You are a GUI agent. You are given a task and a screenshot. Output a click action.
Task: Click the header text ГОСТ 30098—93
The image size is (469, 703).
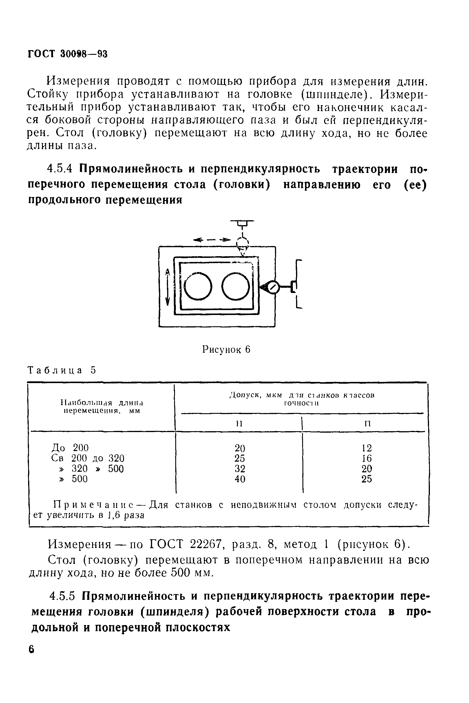[67, 54]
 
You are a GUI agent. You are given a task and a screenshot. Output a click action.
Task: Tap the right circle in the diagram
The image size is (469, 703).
[236, 286]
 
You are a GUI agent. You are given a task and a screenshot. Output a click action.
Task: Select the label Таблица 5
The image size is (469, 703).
[62, 370]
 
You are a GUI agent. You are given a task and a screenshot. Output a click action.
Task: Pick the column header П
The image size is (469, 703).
[368, 424]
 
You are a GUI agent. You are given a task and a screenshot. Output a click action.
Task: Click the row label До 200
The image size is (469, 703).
[70, 447]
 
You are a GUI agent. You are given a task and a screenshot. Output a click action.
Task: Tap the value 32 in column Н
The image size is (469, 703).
[240, 469]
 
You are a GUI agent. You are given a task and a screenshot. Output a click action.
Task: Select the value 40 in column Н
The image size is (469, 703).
[240, 479]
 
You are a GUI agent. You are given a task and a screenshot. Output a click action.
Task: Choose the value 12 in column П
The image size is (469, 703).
[367, 448]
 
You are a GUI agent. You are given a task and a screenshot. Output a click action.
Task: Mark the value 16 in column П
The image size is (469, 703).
[367, 458]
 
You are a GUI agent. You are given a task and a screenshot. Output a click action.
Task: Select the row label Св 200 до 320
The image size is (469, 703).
[88, 458]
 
